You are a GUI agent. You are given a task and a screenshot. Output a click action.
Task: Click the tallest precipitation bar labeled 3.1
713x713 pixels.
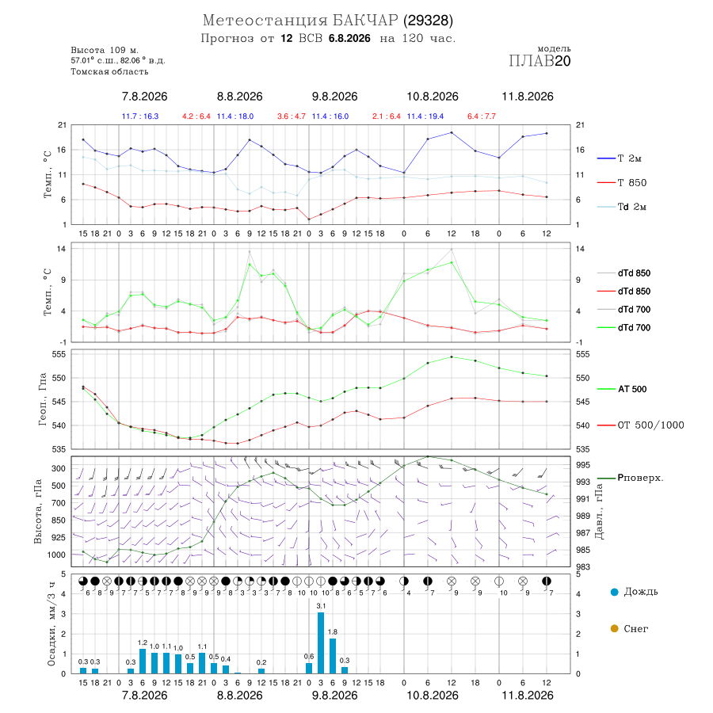321,642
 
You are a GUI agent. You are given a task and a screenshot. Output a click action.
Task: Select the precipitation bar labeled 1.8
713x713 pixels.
333,656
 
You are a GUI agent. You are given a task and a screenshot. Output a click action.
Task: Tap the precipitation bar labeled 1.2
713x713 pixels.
143,662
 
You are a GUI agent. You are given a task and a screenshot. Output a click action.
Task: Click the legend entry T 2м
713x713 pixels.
620,158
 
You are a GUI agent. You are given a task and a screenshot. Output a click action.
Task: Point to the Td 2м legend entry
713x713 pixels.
622,207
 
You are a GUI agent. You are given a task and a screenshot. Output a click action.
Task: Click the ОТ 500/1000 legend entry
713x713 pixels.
640,425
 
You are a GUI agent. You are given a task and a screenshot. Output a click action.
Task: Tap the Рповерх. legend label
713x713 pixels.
630,478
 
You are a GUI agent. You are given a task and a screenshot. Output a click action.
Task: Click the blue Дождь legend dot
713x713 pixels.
615,592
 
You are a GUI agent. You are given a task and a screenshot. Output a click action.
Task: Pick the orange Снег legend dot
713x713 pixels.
615,628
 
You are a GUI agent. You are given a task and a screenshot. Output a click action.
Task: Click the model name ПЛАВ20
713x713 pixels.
540,61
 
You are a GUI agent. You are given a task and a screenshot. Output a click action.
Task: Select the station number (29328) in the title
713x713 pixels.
428,21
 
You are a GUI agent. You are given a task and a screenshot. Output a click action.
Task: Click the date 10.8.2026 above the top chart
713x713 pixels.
433,97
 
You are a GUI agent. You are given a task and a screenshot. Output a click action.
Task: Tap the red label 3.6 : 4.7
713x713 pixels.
292,116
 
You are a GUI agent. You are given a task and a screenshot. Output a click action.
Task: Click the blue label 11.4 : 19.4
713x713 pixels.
425,116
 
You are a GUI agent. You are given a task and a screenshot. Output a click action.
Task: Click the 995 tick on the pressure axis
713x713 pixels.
583,465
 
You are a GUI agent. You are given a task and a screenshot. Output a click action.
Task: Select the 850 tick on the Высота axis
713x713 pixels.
58,520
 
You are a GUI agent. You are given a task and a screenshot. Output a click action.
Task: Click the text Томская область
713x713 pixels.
109,71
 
